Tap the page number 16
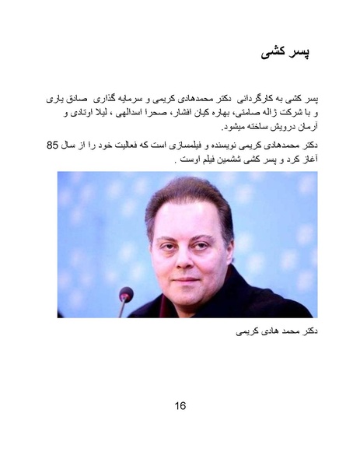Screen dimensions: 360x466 tap(180, 405)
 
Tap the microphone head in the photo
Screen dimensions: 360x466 tap(126, 294)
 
